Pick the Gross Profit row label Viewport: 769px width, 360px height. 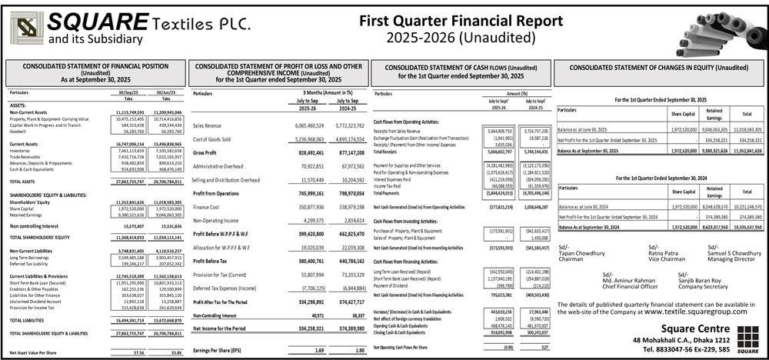point(208,154)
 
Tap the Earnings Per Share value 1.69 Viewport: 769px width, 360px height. point(298,352)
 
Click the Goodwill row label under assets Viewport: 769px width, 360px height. point(18,132)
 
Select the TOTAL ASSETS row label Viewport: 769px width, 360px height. point(25,181)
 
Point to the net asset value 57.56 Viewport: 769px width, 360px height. point(139,352)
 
